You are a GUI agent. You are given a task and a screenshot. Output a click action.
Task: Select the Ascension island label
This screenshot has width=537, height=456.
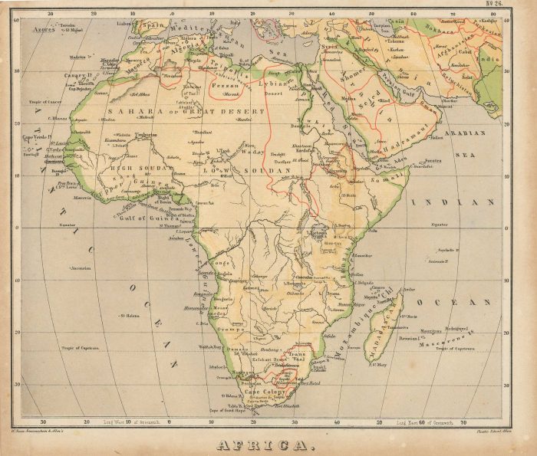point(81,268)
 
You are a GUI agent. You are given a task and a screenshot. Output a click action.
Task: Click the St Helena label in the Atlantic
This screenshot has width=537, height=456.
point(128,315)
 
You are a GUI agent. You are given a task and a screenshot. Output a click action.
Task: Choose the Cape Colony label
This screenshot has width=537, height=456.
point(265,392)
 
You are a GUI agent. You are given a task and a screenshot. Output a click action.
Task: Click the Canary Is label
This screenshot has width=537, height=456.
point(77,75)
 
